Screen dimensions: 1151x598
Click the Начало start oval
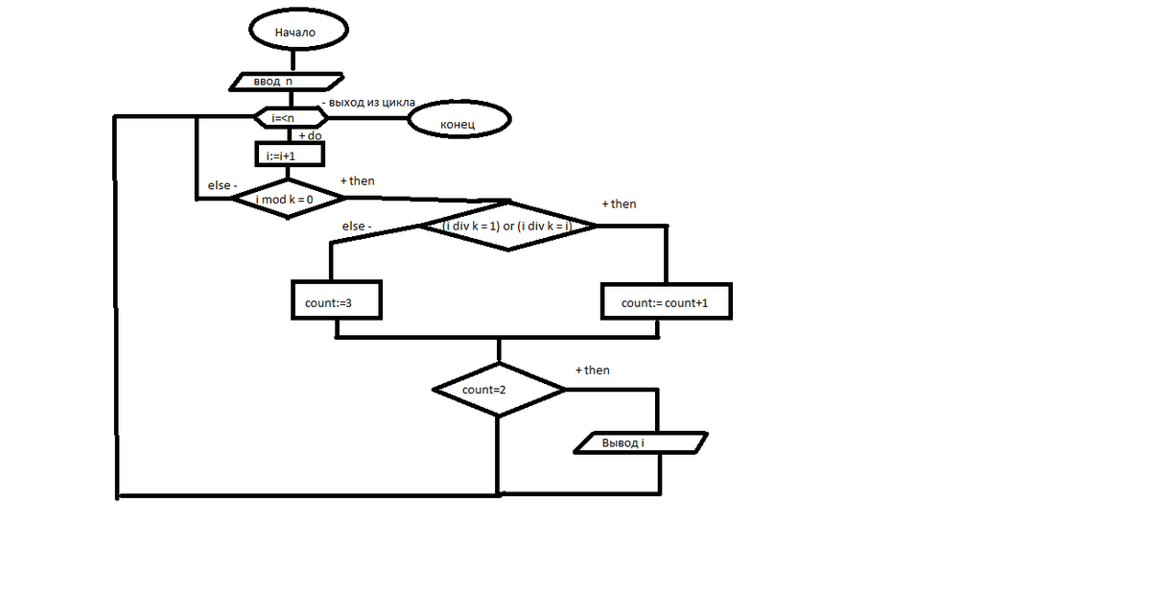click(298, 30)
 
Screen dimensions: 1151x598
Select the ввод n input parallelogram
click(286, 82)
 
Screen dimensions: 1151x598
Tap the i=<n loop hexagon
click(291, 118)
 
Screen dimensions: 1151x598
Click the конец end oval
click(459, 119)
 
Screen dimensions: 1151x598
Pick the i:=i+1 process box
click(290, 155)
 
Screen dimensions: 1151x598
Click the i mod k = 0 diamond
click(289, 199)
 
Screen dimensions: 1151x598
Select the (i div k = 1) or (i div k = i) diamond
click(508, 226)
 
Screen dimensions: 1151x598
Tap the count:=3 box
click(337, 300)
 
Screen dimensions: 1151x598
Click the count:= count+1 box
click(667, 301)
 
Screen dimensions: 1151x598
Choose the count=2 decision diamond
click(499, 390)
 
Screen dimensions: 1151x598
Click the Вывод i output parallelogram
click(641, 443)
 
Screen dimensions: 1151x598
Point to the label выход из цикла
click(368, 103)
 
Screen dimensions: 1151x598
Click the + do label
click(311, 135)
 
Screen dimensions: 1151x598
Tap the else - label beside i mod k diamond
click(223, 185)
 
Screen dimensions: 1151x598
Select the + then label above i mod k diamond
click(358, 181)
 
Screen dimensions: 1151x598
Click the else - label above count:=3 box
click(357, 226)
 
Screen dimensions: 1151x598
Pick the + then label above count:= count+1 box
click(620, 204)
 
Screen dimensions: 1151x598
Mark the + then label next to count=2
click(593, 371)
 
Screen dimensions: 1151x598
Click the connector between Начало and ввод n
click(293, 60)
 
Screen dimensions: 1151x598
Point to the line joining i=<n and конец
click(368, 118)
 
